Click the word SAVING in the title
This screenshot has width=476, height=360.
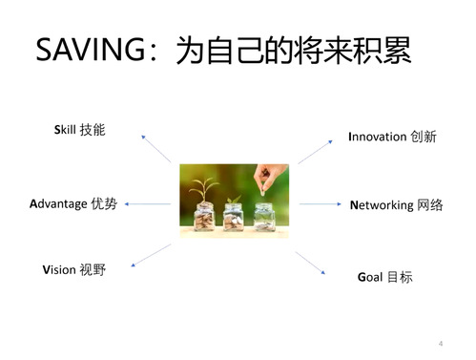pos(91,50)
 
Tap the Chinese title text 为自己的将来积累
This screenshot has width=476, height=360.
pos(294,50)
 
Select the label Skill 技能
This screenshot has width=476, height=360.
pos(79,130)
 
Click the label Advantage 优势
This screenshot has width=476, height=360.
pos(73,203)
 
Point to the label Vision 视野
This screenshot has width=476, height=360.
pos(73,269)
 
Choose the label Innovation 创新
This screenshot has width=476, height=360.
pos(392,137)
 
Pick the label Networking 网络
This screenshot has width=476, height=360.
pos(396,205)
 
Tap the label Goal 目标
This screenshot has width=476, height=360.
pos(385,277)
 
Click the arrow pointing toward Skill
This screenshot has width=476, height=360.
pos(156,149)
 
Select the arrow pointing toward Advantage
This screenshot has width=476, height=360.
pos(148,204)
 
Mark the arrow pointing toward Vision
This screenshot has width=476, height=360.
pos(151,255)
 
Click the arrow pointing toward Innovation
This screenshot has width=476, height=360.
pos(315,152)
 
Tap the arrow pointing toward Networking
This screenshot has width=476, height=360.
pos(321,203)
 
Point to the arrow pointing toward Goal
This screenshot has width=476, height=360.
pos(310,263)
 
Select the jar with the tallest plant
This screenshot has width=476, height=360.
pos(204,217)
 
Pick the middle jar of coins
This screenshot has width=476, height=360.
pos(234,217)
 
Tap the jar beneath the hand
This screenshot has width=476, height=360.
pos(264,217)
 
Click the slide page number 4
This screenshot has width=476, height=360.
pos(441,344)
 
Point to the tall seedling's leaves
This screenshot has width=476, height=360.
pos(204,186)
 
